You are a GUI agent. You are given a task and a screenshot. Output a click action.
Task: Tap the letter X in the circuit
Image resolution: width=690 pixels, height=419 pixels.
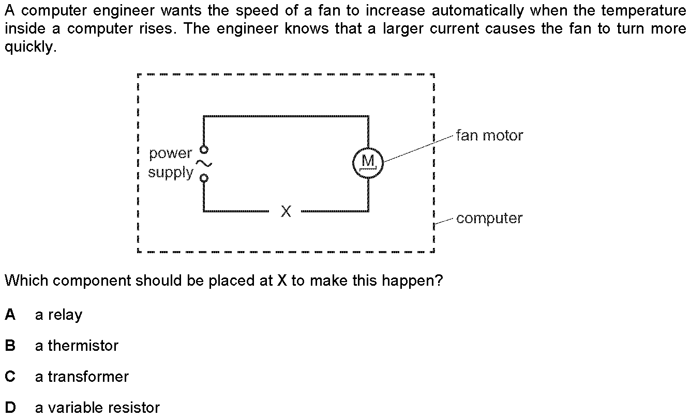286,211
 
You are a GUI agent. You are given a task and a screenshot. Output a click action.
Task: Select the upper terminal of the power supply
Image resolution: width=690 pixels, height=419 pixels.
204,149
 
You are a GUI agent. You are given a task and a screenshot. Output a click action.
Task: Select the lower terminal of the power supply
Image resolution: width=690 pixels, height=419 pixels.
204,178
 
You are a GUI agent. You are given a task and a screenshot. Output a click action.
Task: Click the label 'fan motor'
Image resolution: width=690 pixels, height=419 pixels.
489,135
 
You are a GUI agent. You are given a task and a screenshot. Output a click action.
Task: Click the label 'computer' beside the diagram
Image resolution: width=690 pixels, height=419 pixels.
489,218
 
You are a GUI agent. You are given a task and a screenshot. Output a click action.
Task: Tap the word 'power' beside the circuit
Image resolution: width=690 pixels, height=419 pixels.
170,153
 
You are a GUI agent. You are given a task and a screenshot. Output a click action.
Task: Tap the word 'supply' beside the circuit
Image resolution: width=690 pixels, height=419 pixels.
171,173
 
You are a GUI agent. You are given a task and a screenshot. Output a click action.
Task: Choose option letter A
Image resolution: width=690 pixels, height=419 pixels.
10,315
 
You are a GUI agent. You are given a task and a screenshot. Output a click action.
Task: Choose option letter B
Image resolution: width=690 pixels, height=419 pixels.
10,346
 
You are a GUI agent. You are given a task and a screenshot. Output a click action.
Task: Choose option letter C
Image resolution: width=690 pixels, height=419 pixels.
10,377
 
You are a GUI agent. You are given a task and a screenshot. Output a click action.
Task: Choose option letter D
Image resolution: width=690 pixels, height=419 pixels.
10,408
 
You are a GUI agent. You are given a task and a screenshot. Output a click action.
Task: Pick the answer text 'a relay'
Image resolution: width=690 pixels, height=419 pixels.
58,315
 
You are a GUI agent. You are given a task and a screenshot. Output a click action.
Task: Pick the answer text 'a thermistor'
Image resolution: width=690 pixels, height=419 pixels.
77,346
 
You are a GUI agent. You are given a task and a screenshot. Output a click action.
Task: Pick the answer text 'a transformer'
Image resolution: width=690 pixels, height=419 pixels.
82,377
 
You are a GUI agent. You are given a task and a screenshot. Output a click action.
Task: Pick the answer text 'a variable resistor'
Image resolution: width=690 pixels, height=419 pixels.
97,408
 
